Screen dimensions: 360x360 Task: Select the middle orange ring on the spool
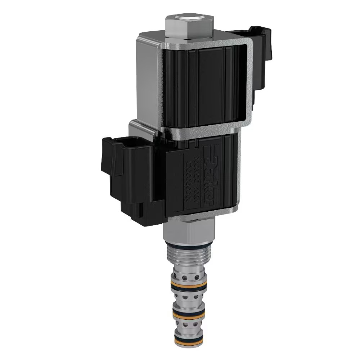[189, 312]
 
